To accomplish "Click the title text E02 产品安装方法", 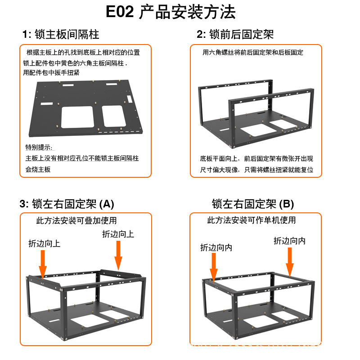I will tap(171, 12).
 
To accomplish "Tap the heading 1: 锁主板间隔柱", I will tap(61, 34).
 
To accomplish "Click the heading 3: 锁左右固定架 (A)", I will tap(67, 204).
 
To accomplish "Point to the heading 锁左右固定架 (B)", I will tap(253, 204).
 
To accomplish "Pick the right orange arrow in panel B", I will tap(290, 261).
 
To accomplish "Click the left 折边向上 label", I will tap(44, 243).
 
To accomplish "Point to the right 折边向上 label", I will tap(118, 234).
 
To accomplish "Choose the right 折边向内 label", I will tap(289, 241).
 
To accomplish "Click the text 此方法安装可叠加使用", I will tap(76, 220).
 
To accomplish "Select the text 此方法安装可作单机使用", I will tap(252, 220).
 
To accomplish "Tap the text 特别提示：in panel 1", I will tap(39, 148).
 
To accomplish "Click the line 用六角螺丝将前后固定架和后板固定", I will tap(253, 53).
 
